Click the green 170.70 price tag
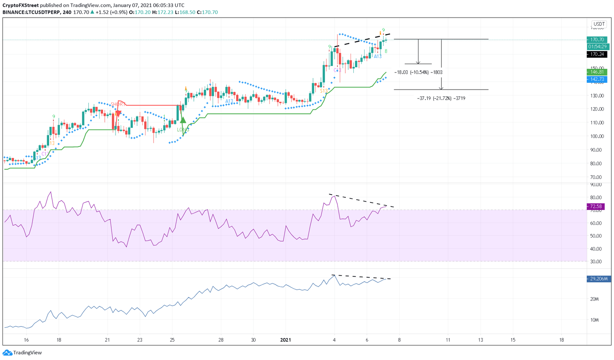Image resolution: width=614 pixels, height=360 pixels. click(596, 40)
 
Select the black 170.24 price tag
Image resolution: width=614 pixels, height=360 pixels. click(596, 54)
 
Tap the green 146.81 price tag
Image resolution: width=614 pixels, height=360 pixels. click(596, 72)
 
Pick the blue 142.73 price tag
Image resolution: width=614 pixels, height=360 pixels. click(596, 79)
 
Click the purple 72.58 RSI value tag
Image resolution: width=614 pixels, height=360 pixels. click(596, 206)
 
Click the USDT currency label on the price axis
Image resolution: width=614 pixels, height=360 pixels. click(599, 24)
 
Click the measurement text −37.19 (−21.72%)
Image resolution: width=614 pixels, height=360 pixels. click(441, 98)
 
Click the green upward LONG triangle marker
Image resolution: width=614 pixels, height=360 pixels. click(183, 120)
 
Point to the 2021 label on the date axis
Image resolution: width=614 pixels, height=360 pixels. click(285, 340)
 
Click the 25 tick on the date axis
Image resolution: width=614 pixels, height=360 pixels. click(172, 340)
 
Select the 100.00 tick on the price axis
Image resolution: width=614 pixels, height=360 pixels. click(596, 136)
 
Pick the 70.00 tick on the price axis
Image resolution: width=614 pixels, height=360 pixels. click(596, 177)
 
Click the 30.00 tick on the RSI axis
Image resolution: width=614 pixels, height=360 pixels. click(596, 262)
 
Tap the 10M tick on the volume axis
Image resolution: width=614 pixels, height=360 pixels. click(594, 320)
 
